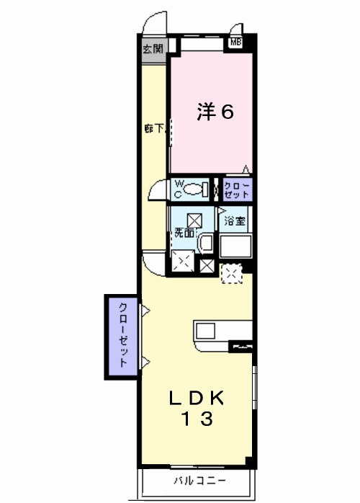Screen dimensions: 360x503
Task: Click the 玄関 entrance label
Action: [153, 49]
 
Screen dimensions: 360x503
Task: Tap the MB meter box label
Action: [235, 42]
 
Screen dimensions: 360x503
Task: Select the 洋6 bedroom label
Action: [215, 112]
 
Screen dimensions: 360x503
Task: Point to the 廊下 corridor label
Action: [155, 129]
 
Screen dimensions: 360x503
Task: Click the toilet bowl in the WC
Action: [193, 189]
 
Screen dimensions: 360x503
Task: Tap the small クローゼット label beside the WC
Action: [237, 190]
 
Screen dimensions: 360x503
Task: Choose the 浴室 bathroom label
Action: [235, 221]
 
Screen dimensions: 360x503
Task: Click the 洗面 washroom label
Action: [184, 233]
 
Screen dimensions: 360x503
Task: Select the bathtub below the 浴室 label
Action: [235, 246]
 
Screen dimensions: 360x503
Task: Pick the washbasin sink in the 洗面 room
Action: [205, 243]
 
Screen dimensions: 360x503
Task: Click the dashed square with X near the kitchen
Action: [232, 273]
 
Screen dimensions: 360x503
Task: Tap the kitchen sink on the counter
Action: [205, 331]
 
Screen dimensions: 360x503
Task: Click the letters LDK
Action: [197, 399]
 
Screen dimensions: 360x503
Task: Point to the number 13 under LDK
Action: [197, 419]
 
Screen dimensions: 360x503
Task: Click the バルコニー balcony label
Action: [200, 480]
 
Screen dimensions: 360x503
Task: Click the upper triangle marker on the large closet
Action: [145, 311]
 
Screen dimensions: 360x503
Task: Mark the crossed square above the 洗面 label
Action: [194, 221]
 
